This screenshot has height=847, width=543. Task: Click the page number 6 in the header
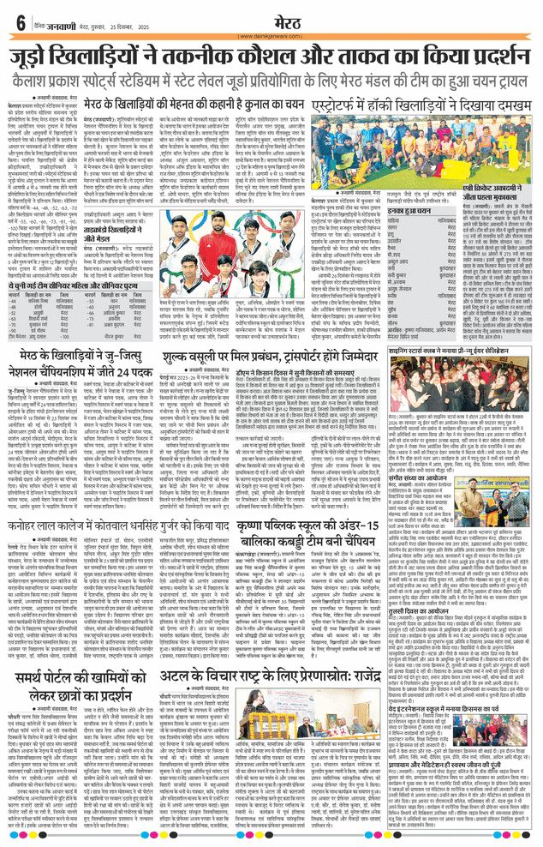20,21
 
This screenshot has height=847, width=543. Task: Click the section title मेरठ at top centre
271,18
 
